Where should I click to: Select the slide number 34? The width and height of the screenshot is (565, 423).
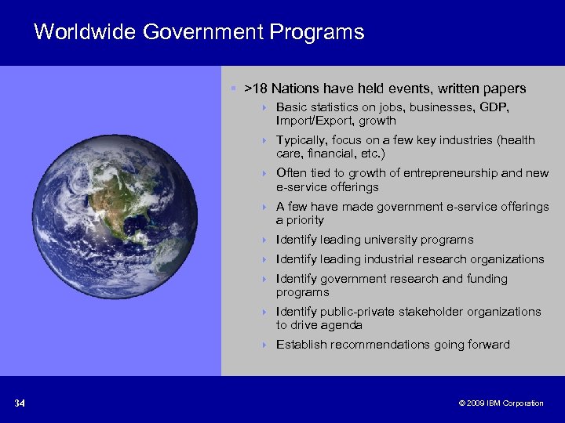point(20,403)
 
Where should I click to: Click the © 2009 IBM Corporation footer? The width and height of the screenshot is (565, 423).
point(501,403)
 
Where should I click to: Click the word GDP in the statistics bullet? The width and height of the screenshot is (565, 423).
point(493,107)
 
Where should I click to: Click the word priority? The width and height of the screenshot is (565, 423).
point(305,220)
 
